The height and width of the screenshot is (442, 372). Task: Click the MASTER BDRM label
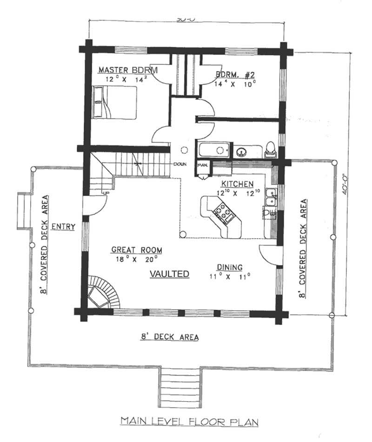tap(128, 70)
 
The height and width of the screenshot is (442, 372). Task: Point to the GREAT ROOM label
tap(136, 250)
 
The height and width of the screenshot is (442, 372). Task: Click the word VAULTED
tap(169, 274)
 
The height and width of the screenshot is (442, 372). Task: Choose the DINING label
tap(229, 267)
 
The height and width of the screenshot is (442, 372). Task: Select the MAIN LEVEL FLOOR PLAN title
tap(189, 422)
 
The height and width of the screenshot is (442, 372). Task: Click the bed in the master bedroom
tap(115, 101)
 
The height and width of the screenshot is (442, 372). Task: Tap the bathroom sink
tap(241, 151)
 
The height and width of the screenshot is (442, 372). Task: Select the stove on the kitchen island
tap(222, 213)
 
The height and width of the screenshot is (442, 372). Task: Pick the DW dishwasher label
tap(269, 214)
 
